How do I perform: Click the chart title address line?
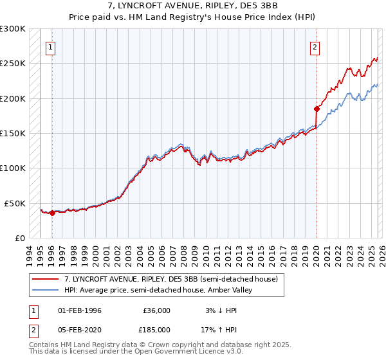pyautogui.click(x=193, y=5)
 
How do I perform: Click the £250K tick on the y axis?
pyautogui.click(x=13, y=64)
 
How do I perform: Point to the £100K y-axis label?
pyautogui.click(x=13, y=168)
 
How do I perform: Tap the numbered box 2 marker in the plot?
pyautogui.click(x=315, y=46)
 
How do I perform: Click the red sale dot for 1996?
pyautogui.click(x=52, y=213)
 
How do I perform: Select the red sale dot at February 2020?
pyautogui.click(x=317, y=109)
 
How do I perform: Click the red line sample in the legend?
pyautogui.click(x=46, y=279)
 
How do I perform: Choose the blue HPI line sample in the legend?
pyautogui.click(x=46, y=291)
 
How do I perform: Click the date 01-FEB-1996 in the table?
pyautogui.click(x=80, y=310)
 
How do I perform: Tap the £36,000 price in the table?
pyautogui.click(x=156, y=310)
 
